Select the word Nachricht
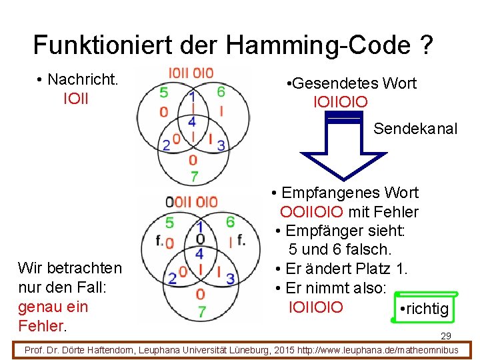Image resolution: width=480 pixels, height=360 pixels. (x=83, y=80)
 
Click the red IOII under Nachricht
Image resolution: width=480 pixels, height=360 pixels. (x=75, y=99)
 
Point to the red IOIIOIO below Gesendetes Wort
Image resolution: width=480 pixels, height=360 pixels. (x=340, y=103)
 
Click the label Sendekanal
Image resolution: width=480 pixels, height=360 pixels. (x=415, y=129)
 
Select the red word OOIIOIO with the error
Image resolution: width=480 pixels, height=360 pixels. (x=311, y=212)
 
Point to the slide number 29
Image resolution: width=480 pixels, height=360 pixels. (x=446, y=337)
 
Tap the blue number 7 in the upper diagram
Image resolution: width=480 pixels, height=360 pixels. (x=194, y=177)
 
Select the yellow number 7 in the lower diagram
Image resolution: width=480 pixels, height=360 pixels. (x=202, y=311)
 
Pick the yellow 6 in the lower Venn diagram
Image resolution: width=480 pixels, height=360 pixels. (x=229, y=222)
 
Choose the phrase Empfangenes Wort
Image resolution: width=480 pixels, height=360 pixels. (x=350, y=193)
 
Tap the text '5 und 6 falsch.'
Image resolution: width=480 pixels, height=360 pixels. (x=340, y=250)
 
